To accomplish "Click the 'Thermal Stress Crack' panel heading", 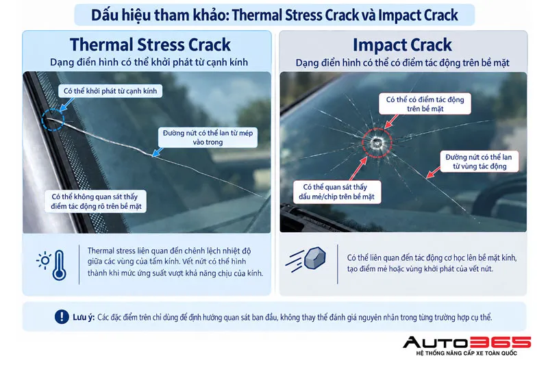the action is click(x=150, y=45).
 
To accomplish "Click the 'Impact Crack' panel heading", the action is click(x=402, y=45).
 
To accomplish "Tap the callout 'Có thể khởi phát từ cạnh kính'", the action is click(x=110, y=91).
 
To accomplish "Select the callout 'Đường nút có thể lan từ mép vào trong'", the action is click(x=208, y=137).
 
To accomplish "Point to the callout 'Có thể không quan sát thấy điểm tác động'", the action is click(x=96, y=201).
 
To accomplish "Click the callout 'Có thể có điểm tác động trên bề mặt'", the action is click(x=425, y=103).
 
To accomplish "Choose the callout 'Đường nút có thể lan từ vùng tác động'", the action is click(x=479, y=162).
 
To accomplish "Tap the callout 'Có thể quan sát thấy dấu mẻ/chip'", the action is click(x=336, y=192).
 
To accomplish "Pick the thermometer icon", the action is click(x=59, y=265).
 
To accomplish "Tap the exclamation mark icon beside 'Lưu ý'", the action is click(x=62, y=317).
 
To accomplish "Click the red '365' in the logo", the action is click(x=501, y=342).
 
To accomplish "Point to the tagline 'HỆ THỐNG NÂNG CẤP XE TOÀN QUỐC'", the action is click(x=466, y=353).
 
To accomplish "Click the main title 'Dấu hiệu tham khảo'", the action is click(x=160, y=15).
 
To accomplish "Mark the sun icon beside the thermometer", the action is click(x=44, y=260).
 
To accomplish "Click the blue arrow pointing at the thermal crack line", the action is click(x=158, y=152).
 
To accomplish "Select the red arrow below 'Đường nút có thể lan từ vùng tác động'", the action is click(x=434, y=173).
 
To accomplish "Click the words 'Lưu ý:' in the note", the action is click(x=84, y=317).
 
